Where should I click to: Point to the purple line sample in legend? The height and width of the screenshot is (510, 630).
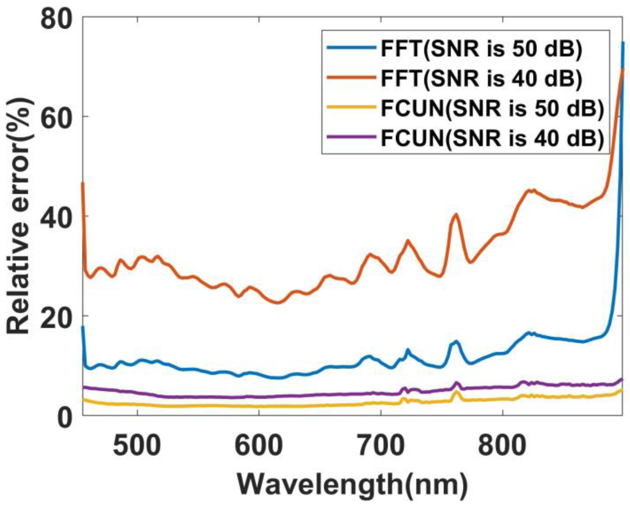click(352, 137)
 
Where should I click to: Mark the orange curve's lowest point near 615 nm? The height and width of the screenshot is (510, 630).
click(278, 303)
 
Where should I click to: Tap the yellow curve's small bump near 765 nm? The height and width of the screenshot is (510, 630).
click(457, 393)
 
